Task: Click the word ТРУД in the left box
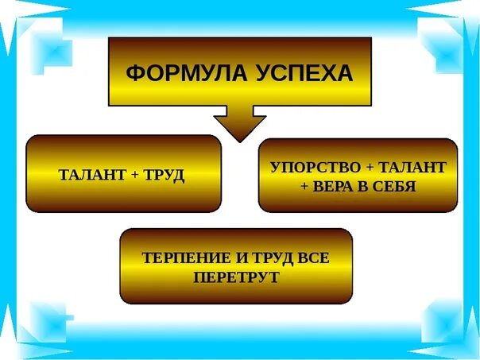click(163, 175)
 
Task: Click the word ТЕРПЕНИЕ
click(179, 258)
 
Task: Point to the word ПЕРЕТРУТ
click(236, 278)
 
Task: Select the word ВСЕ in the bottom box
click(312, 258)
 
